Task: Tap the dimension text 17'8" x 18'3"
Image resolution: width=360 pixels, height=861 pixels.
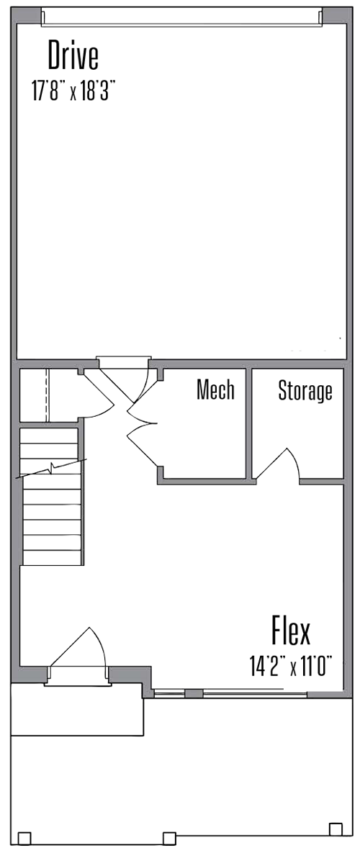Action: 73,91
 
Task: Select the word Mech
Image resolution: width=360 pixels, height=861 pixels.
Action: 216,390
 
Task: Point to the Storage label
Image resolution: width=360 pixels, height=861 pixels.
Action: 305,391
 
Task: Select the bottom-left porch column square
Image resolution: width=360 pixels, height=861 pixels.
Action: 24,839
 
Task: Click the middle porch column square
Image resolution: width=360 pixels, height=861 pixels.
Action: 170,838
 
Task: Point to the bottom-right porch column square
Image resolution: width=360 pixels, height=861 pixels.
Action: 336,828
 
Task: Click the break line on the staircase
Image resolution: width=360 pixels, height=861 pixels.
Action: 51,469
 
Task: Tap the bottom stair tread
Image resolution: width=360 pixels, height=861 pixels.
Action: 52,557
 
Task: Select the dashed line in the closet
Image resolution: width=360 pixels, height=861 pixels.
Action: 48,395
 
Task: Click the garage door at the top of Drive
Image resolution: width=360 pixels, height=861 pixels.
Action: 181,17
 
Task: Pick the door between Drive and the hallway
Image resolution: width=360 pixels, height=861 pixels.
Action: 123,363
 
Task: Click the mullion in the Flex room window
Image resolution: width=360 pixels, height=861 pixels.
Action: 194,693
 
